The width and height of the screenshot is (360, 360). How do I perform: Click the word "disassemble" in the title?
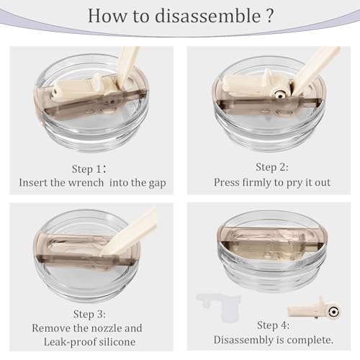pos(208,16)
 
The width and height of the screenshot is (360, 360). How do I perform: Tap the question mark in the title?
pos(270,16)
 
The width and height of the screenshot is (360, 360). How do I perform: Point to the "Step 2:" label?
pos(271,167)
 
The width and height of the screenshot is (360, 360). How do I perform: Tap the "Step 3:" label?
pos(89,314)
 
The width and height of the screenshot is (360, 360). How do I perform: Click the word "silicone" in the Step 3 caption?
pos(117,341)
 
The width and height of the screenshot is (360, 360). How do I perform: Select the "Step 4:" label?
pos(273,325)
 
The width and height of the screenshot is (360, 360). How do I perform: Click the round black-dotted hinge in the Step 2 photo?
pos(280,94)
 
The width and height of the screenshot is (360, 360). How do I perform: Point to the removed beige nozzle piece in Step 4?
pos(315,309)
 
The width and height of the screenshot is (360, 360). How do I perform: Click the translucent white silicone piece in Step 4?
pos(220,306)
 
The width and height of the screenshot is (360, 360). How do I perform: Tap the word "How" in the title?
pos(107,16)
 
